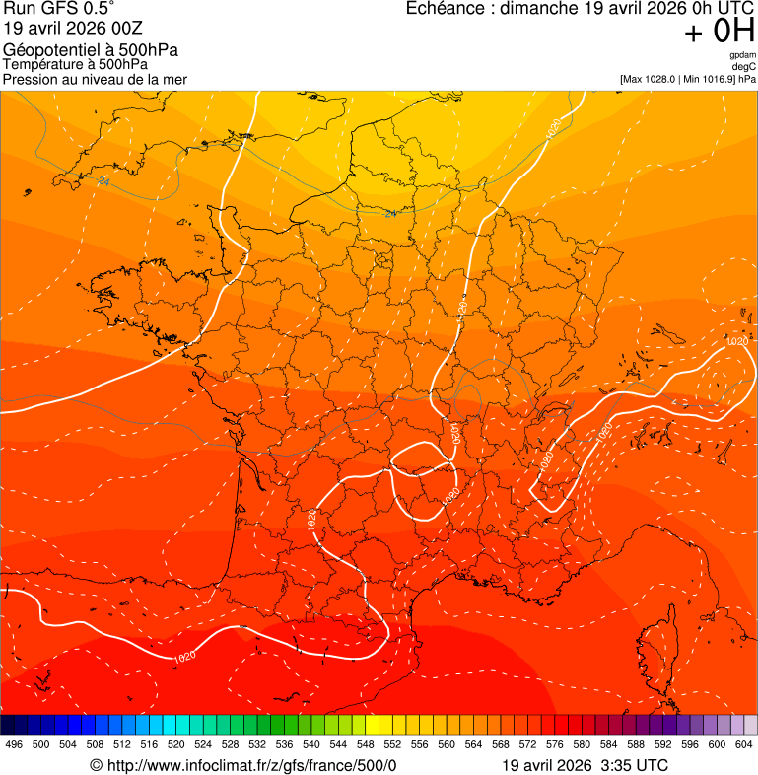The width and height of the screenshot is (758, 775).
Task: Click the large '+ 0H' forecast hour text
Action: coord(720,33)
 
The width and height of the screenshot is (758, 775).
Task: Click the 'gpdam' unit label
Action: coord(743,55)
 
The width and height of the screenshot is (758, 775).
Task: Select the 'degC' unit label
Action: coord(745,66)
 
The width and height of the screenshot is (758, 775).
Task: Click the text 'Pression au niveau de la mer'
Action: coord(95,79)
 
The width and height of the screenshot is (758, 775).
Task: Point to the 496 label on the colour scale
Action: coord(14,744)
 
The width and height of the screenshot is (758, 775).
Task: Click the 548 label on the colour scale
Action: coord(365,744)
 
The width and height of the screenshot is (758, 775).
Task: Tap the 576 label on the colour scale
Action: coord(554,744)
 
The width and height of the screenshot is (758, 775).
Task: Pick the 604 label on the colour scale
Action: coord(743,744)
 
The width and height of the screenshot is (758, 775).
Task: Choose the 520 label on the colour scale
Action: coord(175,744)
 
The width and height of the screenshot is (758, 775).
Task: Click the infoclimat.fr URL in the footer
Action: coord(251,765)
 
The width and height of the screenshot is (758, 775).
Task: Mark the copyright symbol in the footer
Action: coord(96,765)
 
